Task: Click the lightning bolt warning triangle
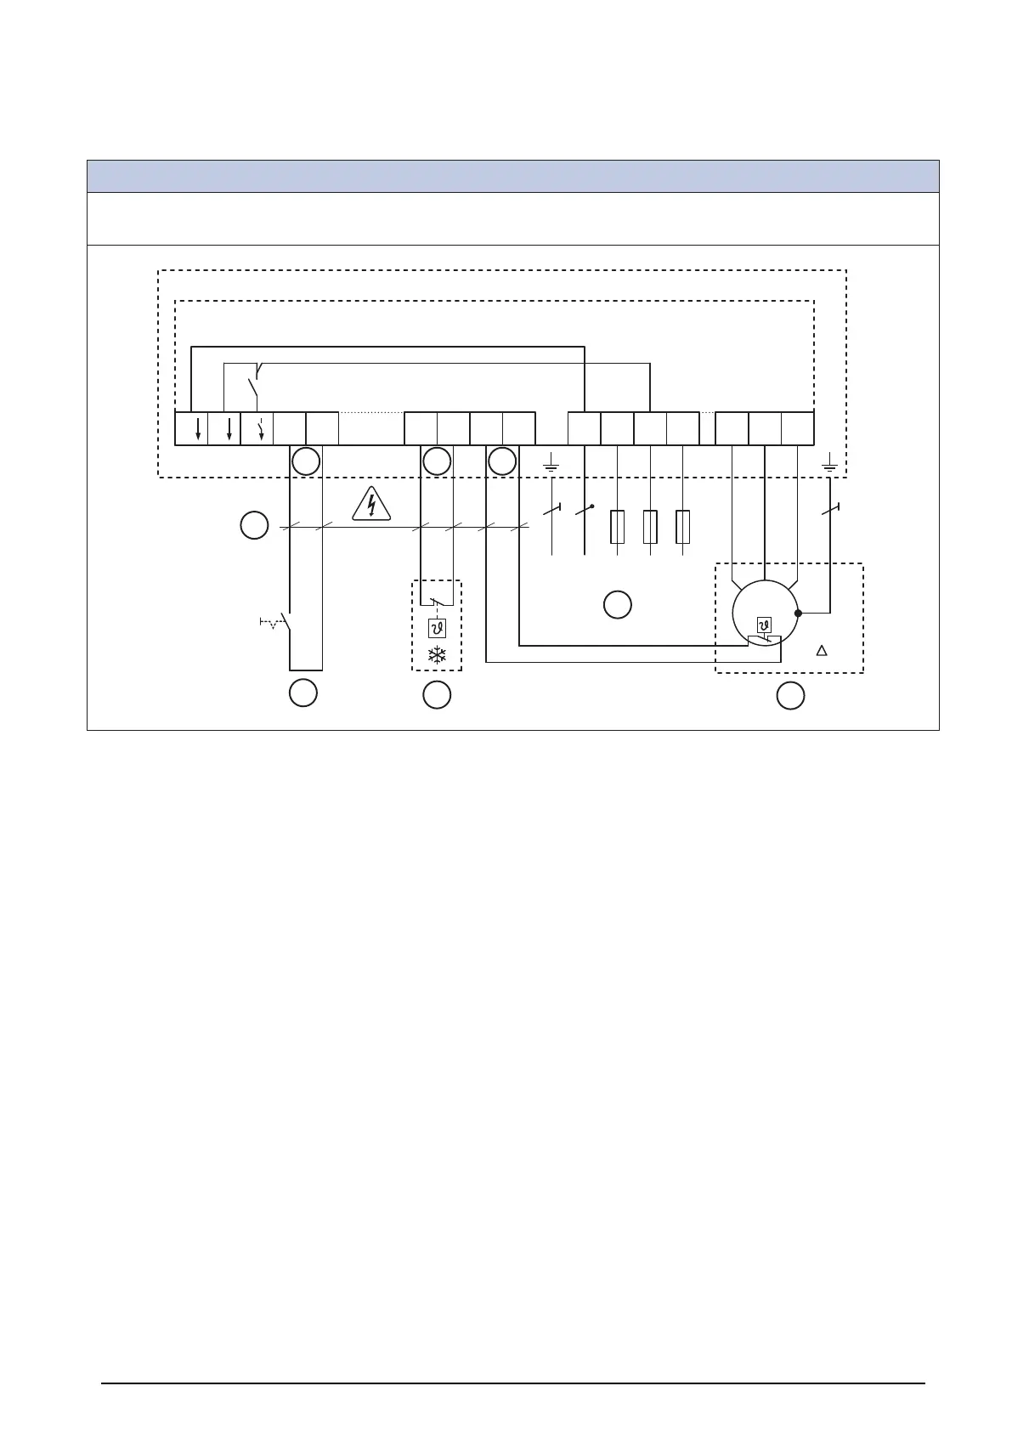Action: (370, 505)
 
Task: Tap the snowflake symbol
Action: (437, 655)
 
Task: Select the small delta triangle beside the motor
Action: (821, 651)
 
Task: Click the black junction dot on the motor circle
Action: (798, 613)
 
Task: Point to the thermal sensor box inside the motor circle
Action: (764, 626)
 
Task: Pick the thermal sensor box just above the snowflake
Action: (437, 629)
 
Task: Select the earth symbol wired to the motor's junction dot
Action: (830, 465)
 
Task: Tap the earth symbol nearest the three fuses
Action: (551, 465)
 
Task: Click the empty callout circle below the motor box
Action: (790, 695)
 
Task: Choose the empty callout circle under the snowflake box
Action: (437, 695)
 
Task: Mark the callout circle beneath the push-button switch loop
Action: (302, 693)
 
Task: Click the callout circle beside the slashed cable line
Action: (253, 525)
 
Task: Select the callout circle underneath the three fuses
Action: (617, 605)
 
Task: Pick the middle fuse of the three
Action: (650, 527)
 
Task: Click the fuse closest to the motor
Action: (682, 527)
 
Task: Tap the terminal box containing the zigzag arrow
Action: (257, 428)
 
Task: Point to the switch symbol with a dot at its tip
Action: (584, 510)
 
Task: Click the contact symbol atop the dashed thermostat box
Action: (437, 602)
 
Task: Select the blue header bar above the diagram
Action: (512, 177)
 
